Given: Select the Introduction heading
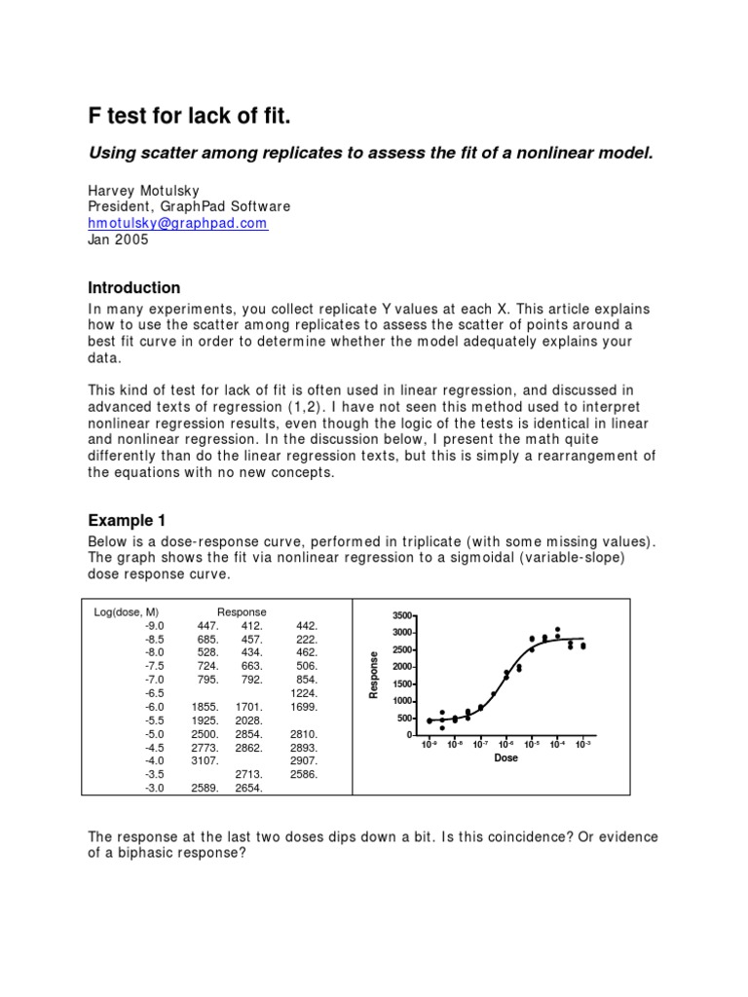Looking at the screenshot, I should [134, 287].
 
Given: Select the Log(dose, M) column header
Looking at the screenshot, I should [127, 611].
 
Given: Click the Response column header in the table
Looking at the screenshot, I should [242, 611].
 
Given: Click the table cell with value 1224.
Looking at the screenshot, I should [304, 692].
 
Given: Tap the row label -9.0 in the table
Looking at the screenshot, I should [156, 625].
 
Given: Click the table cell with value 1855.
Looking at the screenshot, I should [205, 706].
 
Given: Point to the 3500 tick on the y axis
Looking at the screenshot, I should [402, 615].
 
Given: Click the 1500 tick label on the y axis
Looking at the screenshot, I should [402, 683].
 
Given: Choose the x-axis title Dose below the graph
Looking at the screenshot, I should [505, 757].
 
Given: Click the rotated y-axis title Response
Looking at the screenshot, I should [373, 674].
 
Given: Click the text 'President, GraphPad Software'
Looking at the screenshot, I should [189, 206].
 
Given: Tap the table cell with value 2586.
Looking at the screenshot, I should [304, 774].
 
